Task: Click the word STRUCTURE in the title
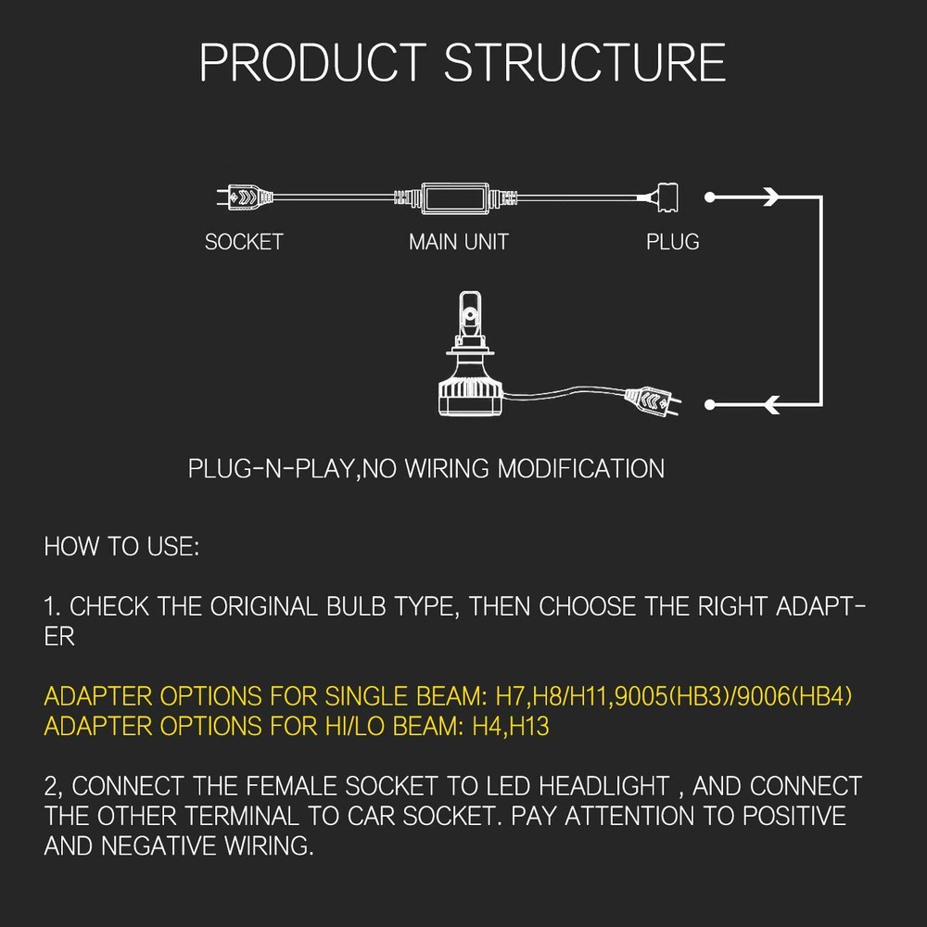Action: click(x=585, y=63)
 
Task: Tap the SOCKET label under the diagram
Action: click(x=244, y=242)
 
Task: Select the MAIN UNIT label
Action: click(x=459, y=242)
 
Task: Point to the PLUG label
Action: click(x=672, y=242)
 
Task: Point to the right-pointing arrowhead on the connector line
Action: click(x=768, y=197)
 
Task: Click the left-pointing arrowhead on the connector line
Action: click(x=768, y=403)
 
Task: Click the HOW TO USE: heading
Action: click(x=121, y=546)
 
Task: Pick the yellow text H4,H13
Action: click(x=511, y=726)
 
